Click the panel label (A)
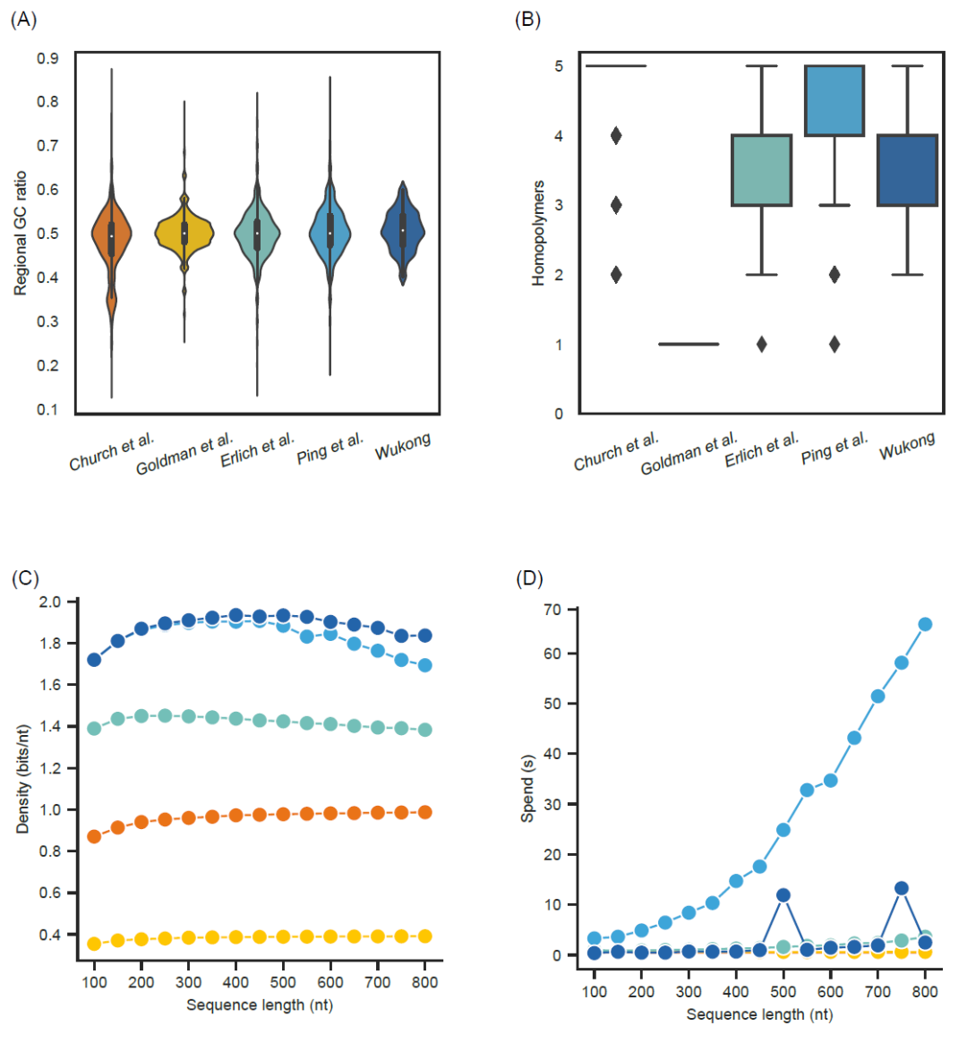click(23, 20)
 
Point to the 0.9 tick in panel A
click(47, 59)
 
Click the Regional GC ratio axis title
click(21, 233)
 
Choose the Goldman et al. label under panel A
click(184, 453)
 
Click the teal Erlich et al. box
click(761, 170)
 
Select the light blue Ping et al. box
click(834, 100)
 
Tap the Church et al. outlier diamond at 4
click(616, 136)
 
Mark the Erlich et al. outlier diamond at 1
click(761, 344)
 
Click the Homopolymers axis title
click(538, 233)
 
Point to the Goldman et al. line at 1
click(689, 344)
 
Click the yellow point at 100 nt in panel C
click(94, 944)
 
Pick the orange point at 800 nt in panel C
click(425, 812)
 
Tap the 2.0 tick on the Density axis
click(50, 602)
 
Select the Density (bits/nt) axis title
click(22, 779)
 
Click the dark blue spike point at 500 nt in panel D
click(783, 894)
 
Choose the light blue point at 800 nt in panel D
click(925, 624)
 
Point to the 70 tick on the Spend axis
click(552, 610)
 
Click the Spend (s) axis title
click(527, 788)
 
